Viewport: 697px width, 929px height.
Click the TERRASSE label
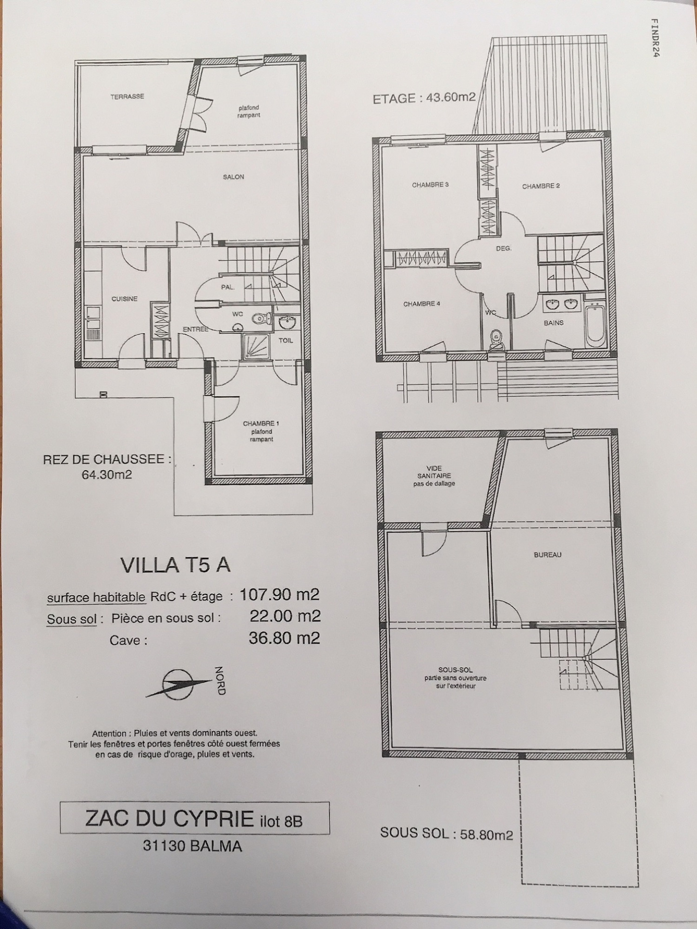click(x=127, y=97)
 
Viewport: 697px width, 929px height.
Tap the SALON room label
click(x=233, y=177)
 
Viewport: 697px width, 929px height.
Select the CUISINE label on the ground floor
click(x=125, y=299)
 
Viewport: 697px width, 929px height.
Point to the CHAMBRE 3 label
click(x=430, y=185)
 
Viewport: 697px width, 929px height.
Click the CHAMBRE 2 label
click(x=541, y=186)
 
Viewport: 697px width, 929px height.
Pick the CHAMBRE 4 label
click(x=422, y=304)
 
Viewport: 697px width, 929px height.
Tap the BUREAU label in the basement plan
click(x=548, y=555)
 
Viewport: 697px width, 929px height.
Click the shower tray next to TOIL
click(x=256, y=346)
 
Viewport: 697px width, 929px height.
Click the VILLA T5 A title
click(x=175, y=565)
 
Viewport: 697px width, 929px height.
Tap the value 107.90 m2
click(x=280, y=594)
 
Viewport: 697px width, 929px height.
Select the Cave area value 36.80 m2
click(x=284, y=638)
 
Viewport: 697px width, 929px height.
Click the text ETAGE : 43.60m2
click(x=424, y=98)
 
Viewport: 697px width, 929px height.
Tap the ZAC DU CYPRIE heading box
click(x=195, y=818)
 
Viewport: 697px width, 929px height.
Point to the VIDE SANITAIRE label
click(x=434, y=476)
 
